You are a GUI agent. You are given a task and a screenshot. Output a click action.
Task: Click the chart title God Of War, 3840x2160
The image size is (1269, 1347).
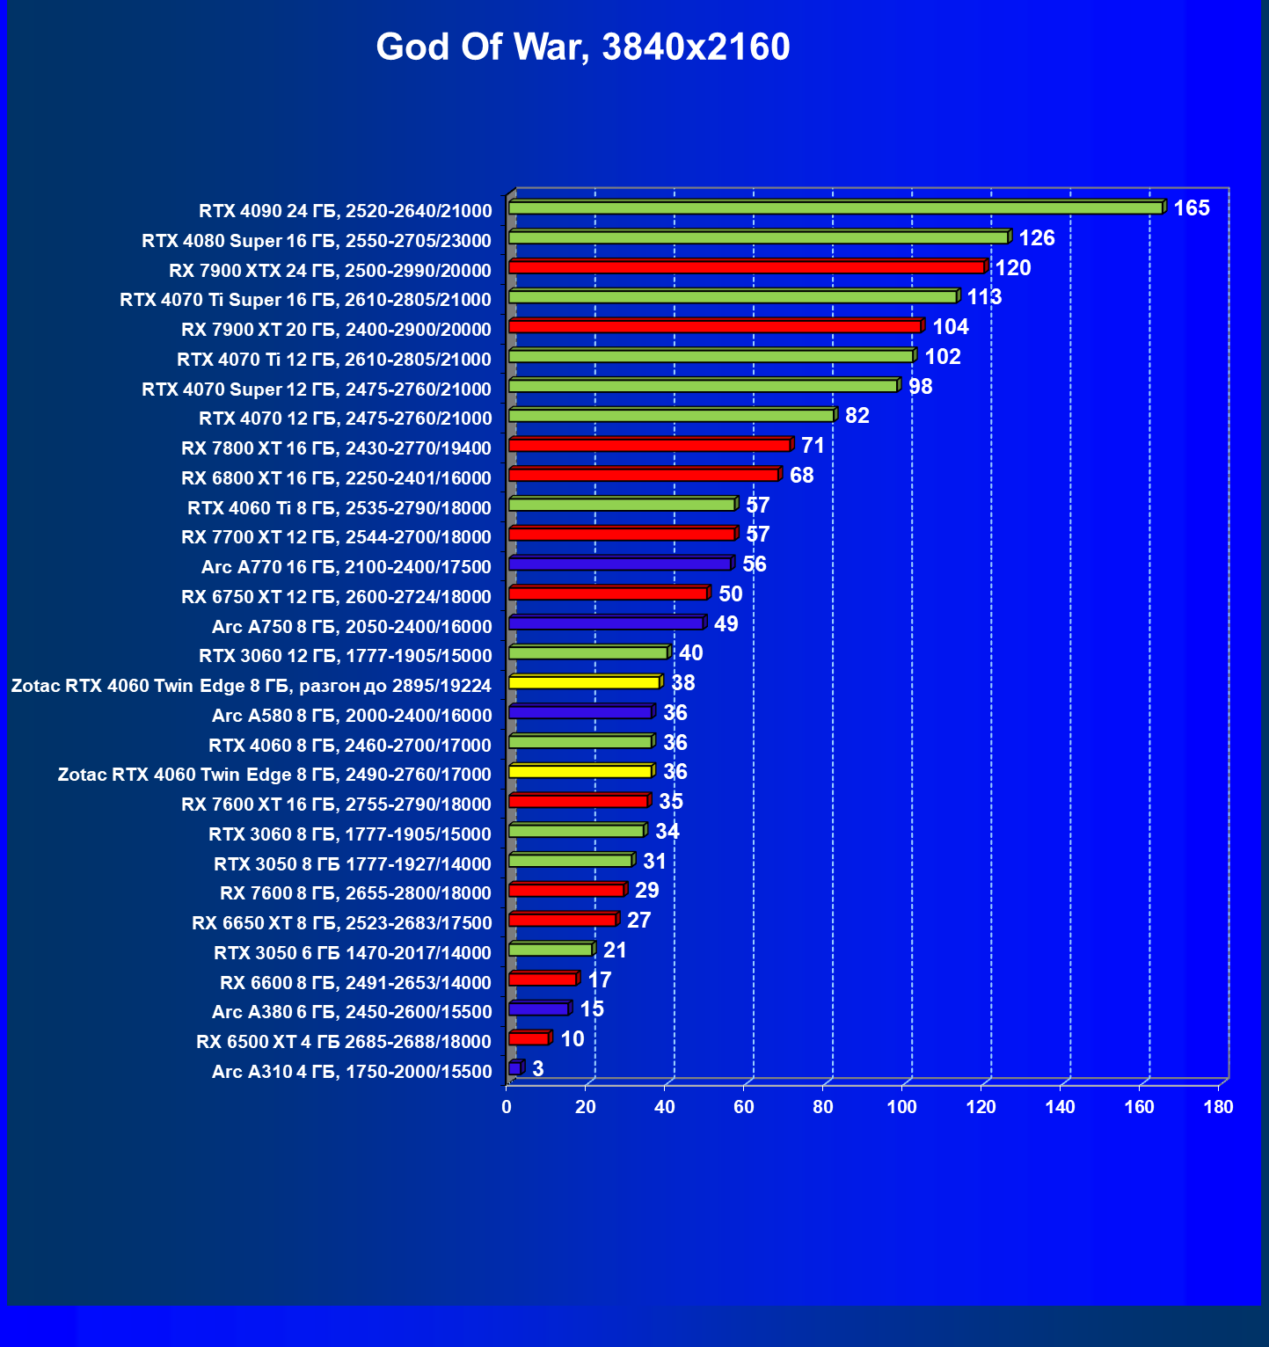[x=583, y=47]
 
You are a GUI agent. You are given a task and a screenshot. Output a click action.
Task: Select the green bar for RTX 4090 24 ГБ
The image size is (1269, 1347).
[x=835, y=208]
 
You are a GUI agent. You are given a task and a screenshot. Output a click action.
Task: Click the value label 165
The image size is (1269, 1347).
[x=1192, y=208]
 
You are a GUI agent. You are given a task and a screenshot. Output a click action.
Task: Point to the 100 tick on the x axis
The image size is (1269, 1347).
[x=902, y=1107]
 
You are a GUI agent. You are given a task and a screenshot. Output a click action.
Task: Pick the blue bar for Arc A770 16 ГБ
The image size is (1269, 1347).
[x=620, y=564]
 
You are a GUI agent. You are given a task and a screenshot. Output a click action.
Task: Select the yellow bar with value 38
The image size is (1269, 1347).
[x=584, y=682]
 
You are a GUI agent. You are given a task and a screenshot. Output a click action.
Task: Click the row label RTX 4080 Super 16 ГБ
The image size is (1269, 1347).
[x=317, y=241]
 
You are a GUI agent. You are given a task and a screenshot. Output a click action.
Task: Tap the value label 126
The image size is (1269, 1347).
[x=1037, y=238]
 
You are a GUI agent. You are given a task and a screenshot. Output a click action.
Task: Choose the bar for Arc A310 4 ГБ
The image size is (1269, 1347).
[x=514, y=1068]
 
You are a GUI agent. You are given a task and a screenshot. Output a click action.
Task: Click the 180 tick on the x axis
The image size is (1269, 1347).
[x=1219, y=1107]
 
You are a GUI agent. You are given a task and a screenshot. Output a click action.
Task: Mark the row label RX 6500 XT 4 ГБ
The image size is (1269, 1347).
[x=344, y=1042]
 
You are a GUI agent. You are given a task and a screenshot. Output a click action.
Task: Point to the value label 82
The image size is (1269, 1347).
[x=857, y=416]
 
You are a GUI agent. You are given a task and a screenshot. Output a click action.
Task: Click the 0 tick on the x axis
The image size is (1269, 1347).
[x=507, y=1107]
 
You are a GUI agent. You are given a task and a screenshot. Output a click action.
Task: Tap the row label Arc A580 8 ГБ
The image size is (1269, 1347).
[x=352, y=716]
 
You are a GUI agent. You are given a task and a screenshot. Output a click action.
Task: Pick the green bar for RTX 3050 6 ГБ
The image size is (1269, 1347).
[x=551, y=950]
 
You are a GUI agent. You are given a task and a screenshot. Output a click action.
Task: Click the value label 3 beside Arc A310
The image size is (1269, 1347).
[x=538, y=1069]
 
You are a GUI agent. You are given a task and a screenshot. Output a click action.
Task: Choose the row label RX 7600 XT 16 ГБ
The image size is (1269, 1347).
[x=336, y=805]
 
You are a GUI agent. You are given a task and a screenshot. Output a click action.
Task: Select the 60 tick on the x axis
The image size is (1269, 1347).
[x=744, y=1107]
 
